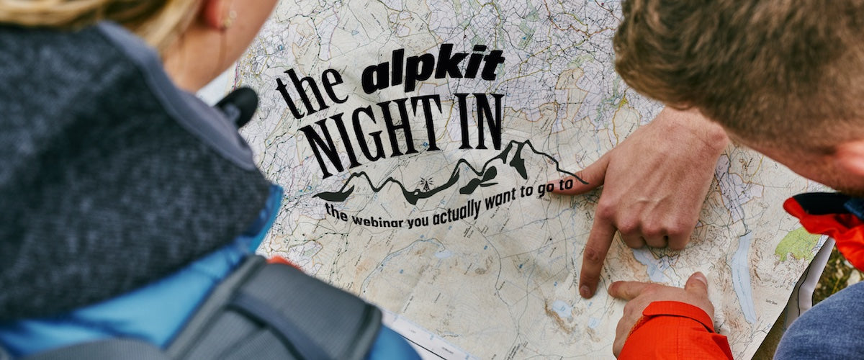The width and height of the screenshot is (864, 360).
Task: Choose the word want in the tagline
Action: tap(503, 201)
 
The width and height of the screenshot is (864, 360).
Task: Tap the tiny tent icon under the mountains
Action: tap(426, 184)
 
